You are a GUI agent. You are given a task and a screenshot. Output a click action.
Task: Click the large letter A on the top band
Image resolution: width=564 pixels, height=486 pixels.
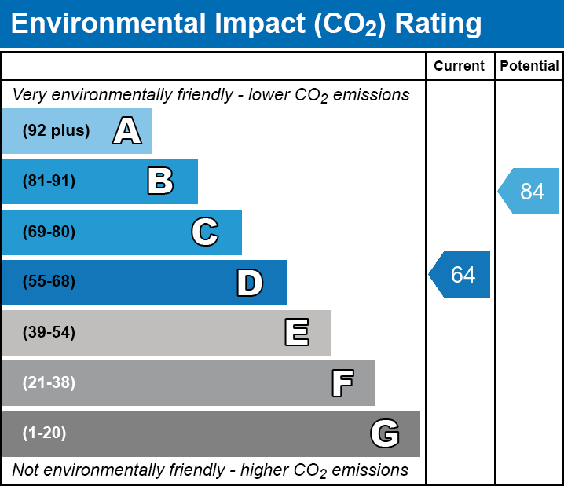127,131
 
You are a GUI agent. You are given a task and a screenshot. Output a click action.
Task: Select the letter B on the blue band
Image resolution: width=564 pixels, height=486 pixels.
160,181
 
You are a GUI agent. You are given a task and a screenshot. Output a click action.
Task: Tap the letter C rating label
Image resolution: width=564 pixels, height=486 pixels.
204,232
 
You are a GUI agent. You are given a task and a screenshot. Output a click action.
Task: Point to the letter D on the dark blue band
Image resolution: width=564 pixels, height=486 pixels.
250,283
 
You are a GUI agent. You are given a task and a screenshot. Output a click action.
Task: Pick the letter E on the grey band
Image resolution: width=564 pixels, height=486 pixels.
296,333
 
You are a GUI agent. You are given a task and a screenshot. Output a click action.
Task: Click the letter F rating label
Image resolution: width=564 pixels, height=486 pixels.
342,383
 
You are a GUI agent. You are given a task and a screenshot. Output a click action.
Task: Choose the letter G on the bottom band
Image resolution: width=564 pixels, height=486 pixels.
385,433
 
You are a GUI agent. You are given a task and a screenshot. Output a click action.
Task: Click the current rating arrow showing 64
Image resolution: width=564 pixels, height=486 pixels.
460,275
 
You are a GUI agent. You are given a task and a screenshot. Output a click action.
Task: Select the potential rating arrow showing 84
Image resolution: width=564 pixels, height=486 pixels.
529,191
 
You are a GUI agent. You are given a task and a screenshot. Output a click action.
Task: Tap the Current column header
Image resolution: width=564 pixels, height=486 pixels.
460,66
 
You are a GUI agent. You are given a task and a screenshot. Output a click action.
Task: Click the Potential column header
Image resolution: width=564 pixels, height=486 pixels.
529,66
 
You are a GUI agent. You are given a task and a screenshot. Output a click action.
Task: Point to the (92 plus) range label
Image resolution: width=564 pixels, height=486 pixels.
56,131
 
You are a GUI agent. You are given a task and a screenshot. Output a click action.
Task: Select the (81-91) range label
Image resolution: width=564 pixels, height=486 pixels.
49,181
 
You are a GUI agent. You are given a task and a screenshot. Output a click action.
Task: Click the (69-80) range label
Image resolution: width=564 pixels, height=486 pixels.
49,232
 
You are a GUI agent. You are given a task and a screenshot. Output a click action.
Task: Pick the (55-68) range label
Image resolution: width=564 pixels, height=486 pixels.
49,282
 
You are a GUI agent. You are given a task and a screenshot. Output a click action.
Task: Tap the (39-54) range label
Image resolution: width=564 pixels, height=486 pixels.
49,333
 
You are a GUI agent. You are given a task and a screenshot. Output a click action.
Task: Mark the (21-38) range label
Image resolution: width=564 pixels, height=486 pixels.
49,383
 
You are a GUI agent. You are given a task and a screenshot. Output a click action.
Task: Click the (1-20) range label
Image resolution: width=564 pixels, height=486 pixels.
44,433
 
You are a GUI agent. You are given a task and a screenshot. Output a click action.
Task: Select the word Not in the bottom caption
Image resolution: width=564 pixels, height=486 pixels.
26,470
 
